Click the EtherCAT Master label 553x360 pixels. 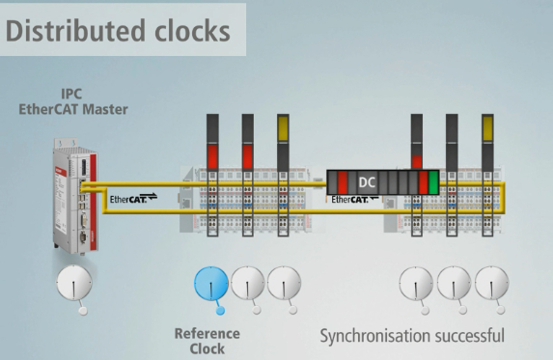click(73, 110)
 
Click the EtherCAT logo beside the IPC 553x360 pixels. click(131, 199)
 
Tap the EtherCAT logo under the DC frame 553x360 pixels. click(354, 201)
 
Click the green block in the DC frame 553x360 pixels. click(434, 181)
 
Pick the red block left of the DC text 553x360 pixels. click(343, 181)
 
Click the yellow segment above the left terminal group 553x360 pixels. click(283, 126)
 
